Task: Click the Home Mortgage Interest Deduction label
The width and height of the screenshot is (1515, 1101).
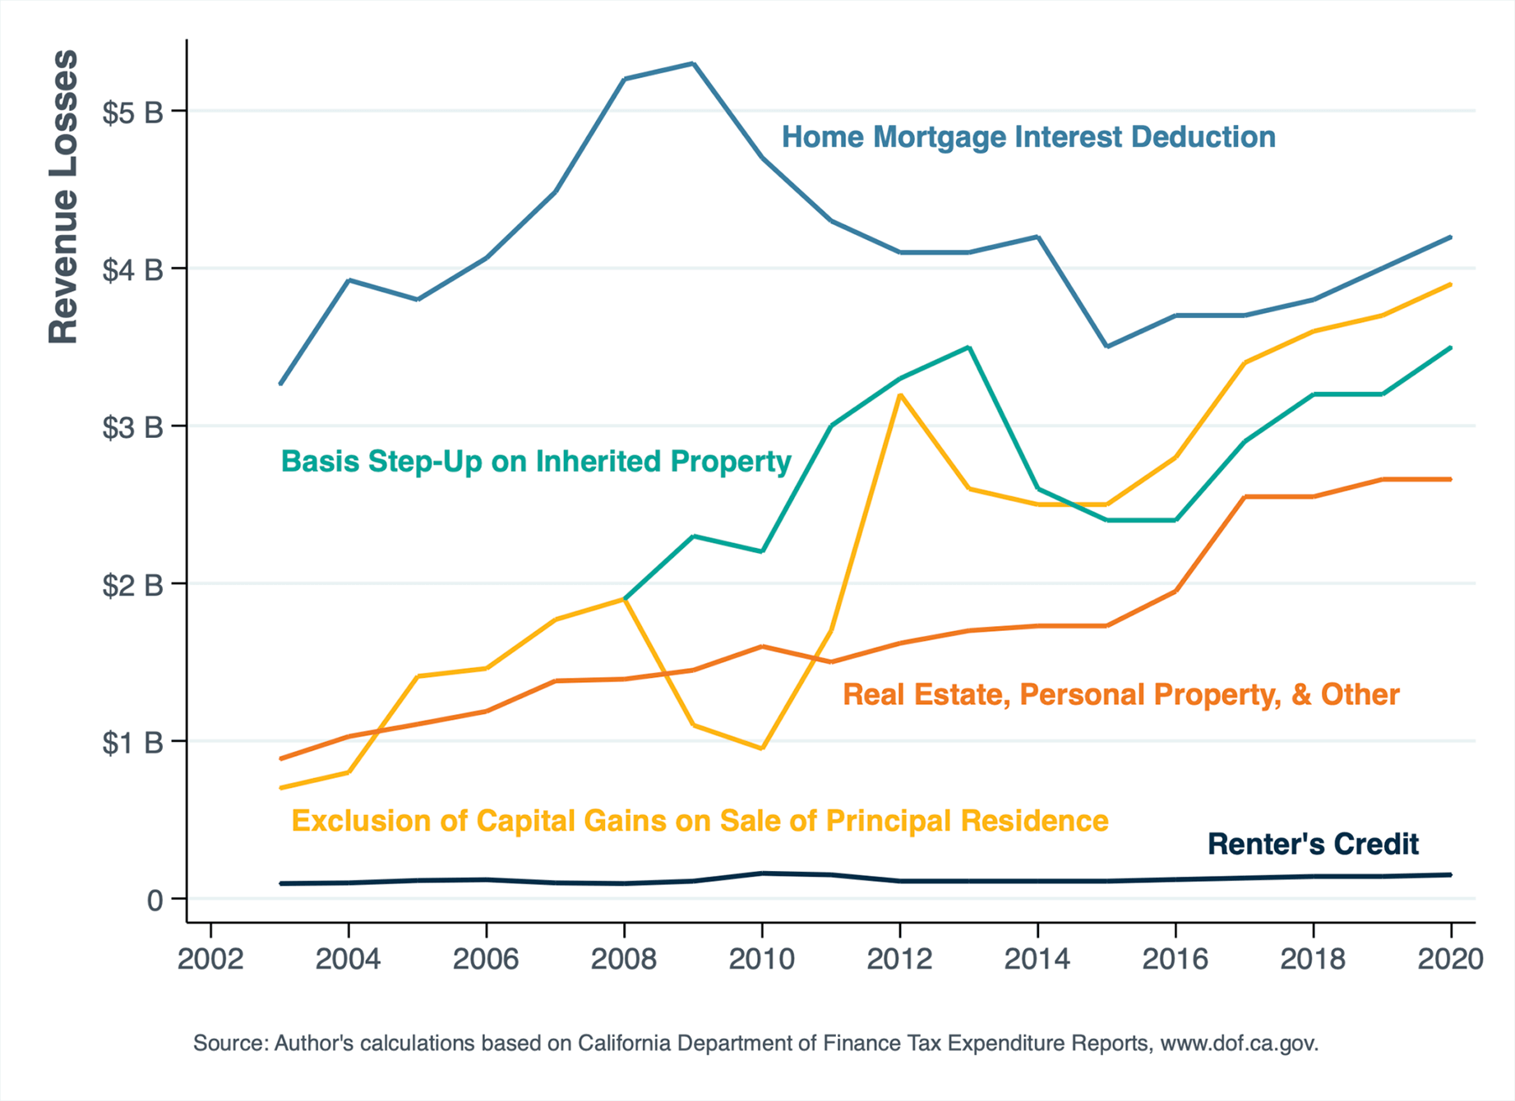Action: pyautogui.click(x=1028, y=137)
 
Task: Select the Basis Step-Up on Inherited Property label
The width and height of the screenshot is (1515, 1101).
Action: pyautogui.click(x=536, y=462)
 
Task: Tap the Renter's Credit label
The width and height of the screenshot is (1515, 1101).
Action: pyautogui.click(x=1313, y=844)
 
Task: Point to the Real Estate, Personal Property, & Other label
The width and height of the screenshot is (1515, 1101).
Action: pyautogui.click(x=1120, y=695)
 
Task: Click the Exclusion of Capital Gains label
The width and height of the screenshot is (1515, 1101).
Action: pyautogui.click(x=700, y=821)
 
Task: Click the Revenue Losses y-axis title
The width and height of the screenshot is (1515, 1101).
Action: pyautogui.click(x=63, y=197)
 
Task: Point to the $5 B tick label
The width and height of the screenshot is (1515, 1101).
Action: pyautogui.click(x=132, y=113)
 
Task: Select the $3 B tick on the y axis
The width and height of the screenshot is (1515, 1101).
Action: pyautogui.click(x=132, y=427)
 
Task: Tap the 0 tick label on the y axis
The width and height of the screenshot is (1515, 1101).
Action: pyautogui.click(x=155, y=901)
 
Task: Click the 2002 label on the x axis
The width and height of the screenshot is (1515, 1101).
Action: pyautogui.click(x=210, y=959)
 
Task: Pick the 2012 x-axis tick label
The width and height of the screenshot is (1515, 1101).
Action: pyautogui.click(x=900, y=959)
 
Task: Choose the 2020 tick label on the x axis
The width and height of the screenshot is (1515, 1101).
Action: pyautogui.click(x=1450, y=959)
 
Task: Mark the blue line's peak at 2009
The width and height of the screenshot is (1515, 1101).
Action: pyautogui.click(x=693, y=63)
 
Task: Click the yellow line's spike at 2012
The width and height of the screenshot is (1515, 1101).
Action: pyautogui.click(x=901, y=395)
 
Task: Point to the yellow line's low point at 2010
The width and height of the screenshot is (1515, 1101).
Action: pyautogui.click(x=762, y=749)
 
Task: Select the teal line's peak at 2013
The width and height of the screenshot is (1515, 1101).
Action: pyautogui.click(x=970, y=348)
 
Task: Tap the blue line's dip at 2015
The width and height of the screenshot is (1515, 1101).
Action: pyautogui.click(x=1107, y=346)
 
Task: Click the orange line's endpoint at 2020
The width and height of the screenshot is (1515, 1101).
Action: pyautogui.click(x=1450, y=479)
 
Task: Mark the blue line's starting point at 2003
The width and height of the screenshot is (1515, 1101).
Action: pyautogui.click(x=281, y=384)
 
